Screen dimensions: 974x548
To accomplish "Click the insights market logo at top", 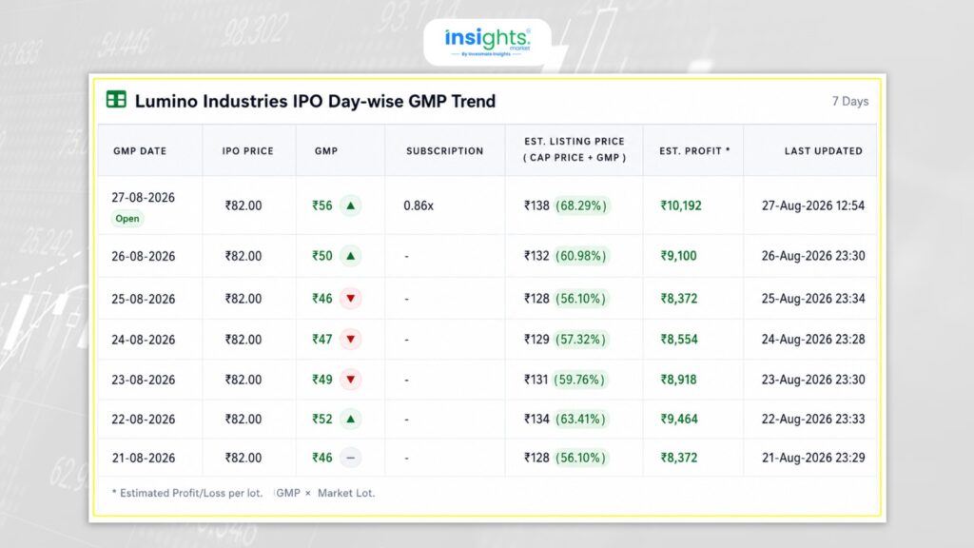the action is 488,42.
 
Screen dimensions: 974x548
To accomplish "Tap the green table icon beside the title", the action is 116,99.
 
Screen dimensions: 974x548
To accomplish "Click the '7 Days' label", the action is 849,101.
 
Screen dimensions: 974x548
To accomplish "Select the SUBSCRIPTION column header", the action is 445,151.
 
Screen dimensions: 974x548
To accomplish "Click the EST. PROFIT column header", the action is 694,151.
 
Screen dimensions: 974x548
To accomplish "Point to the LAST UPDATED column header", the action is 823,151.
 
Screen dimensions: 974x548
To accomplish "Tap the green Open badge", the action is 127,219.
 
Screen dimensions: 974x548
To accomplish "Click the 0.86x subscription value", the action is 419,205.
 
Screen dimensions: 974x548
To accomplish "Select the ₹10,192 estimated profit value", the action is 681,205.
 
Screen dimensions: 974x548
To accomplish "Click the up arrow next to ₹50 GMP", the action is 350,256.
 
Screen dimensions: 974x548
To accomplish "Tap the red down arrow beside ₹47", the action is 350,340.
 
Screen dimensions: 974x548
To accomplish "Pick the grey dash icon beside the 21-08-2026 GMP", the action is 350,458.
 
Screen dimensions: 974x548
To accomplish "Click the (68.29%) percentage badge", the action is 581,205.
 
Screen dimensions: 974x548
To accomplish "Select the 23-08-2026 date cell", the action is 144,380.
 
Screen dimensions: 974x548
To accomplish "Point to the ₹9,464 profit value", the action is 679,420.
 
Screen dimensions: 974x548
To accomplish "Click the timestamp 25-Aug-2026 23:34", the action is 813,299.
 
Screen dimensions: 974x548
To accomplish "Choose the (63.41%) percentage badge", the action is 581,420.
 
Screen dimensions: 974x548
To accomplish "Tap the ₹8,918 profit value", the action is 678,380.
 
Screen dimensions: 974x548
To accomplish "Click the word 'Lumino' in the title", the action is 166,101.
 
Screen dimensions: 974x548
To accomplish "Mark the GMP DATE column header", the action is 140,151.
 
